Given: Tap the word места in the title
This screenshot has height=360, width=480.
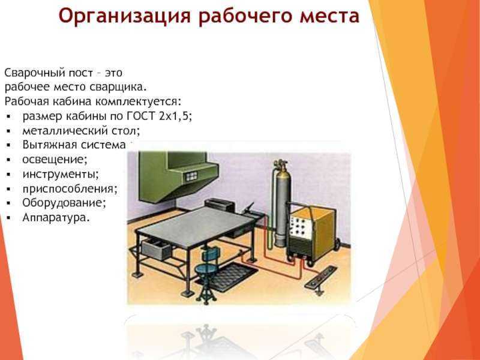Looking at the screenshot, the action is click(x=329, y=17).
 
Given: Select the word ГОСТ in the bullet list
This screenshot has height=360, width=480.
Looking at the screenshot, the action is click(x=141, y=116).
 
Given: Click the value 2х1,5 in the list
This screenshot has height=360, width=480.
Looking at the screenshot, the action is click(x=175, y=116).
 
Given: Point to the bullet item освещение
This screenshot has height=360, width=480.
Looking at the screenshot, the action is click(x=55, y=160).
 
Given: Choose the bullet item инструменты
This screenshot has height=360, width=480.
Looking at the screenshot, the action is click(x=61, y=174).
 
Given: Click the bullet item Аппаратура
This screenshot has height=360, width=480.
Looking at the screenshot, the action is click(x=56, y=218).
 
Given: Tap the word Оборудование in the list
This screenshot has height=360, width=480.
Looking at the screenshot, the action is click(x=64, y=203).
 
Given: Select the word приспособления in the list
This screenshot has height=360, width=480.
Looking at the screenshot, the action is click(x=70, y=189).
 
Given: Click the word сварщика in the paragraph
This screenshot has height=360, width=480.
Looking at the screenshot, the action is click(x=118, y=87).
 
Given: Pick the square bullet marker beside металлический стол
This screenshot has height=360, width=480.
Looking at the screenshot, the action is click(x=8, y=131).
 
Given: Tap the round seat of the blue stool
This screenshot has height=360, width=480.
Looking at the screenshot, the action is click(x=206, y=269).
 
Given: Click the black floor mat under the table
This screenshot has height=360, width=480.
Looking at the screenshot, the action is click(x=230, y=275).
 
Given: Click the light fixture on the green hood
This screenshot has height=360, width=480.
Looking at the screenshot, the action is click(x=191, y=176).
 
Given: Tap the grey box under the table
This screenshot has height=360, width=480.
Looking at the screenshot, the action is click(x=157, y=249).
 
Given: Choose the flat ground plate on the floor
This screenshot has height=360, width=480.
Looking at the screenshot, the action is click(x=320, y=278).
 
